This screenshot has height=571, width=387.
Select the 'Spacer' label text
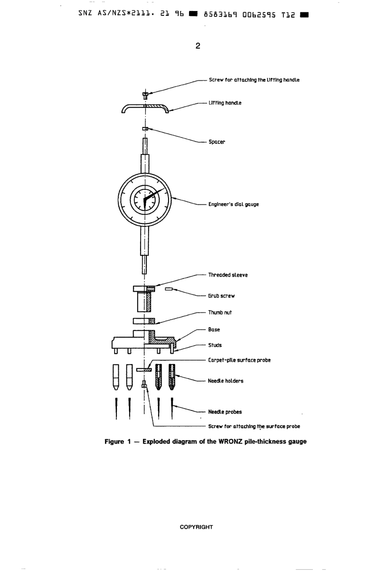[217, 142]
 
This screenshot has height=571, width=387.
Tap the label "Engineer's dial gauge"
[233, 204]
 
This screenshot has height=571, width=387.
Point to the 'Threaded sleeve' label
[228, 275]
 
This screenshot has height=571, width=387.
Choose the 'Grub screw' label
[221, 296]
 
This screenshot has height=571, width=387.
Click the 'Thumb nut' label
[220, 313]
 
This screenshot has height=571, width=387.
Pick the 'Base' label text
[214, 330]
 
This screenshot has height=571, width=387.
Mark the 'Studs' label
[215, 345]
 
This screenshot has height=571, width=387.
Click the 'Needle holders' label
[225, 381]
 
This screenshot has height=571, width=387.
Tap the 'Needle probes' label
[224, 412]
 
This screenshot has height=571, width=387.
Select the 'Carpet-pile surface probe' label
[239, 360]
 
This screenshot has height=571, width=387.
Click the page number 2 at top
[198, 46]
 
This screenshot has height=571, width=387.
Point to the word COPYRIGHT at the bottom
[196, 527]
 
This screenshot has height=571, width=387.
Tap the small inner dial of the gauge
[145, 199]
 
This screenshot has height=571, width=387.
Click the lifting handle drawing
[145, 108]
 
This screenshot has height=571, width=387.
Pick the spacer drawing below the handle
[145, 129]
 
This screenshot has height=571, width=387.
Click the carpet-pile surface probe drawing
[144, 370]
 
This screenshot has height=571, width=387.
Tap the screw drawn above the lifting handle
[145, 95]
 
